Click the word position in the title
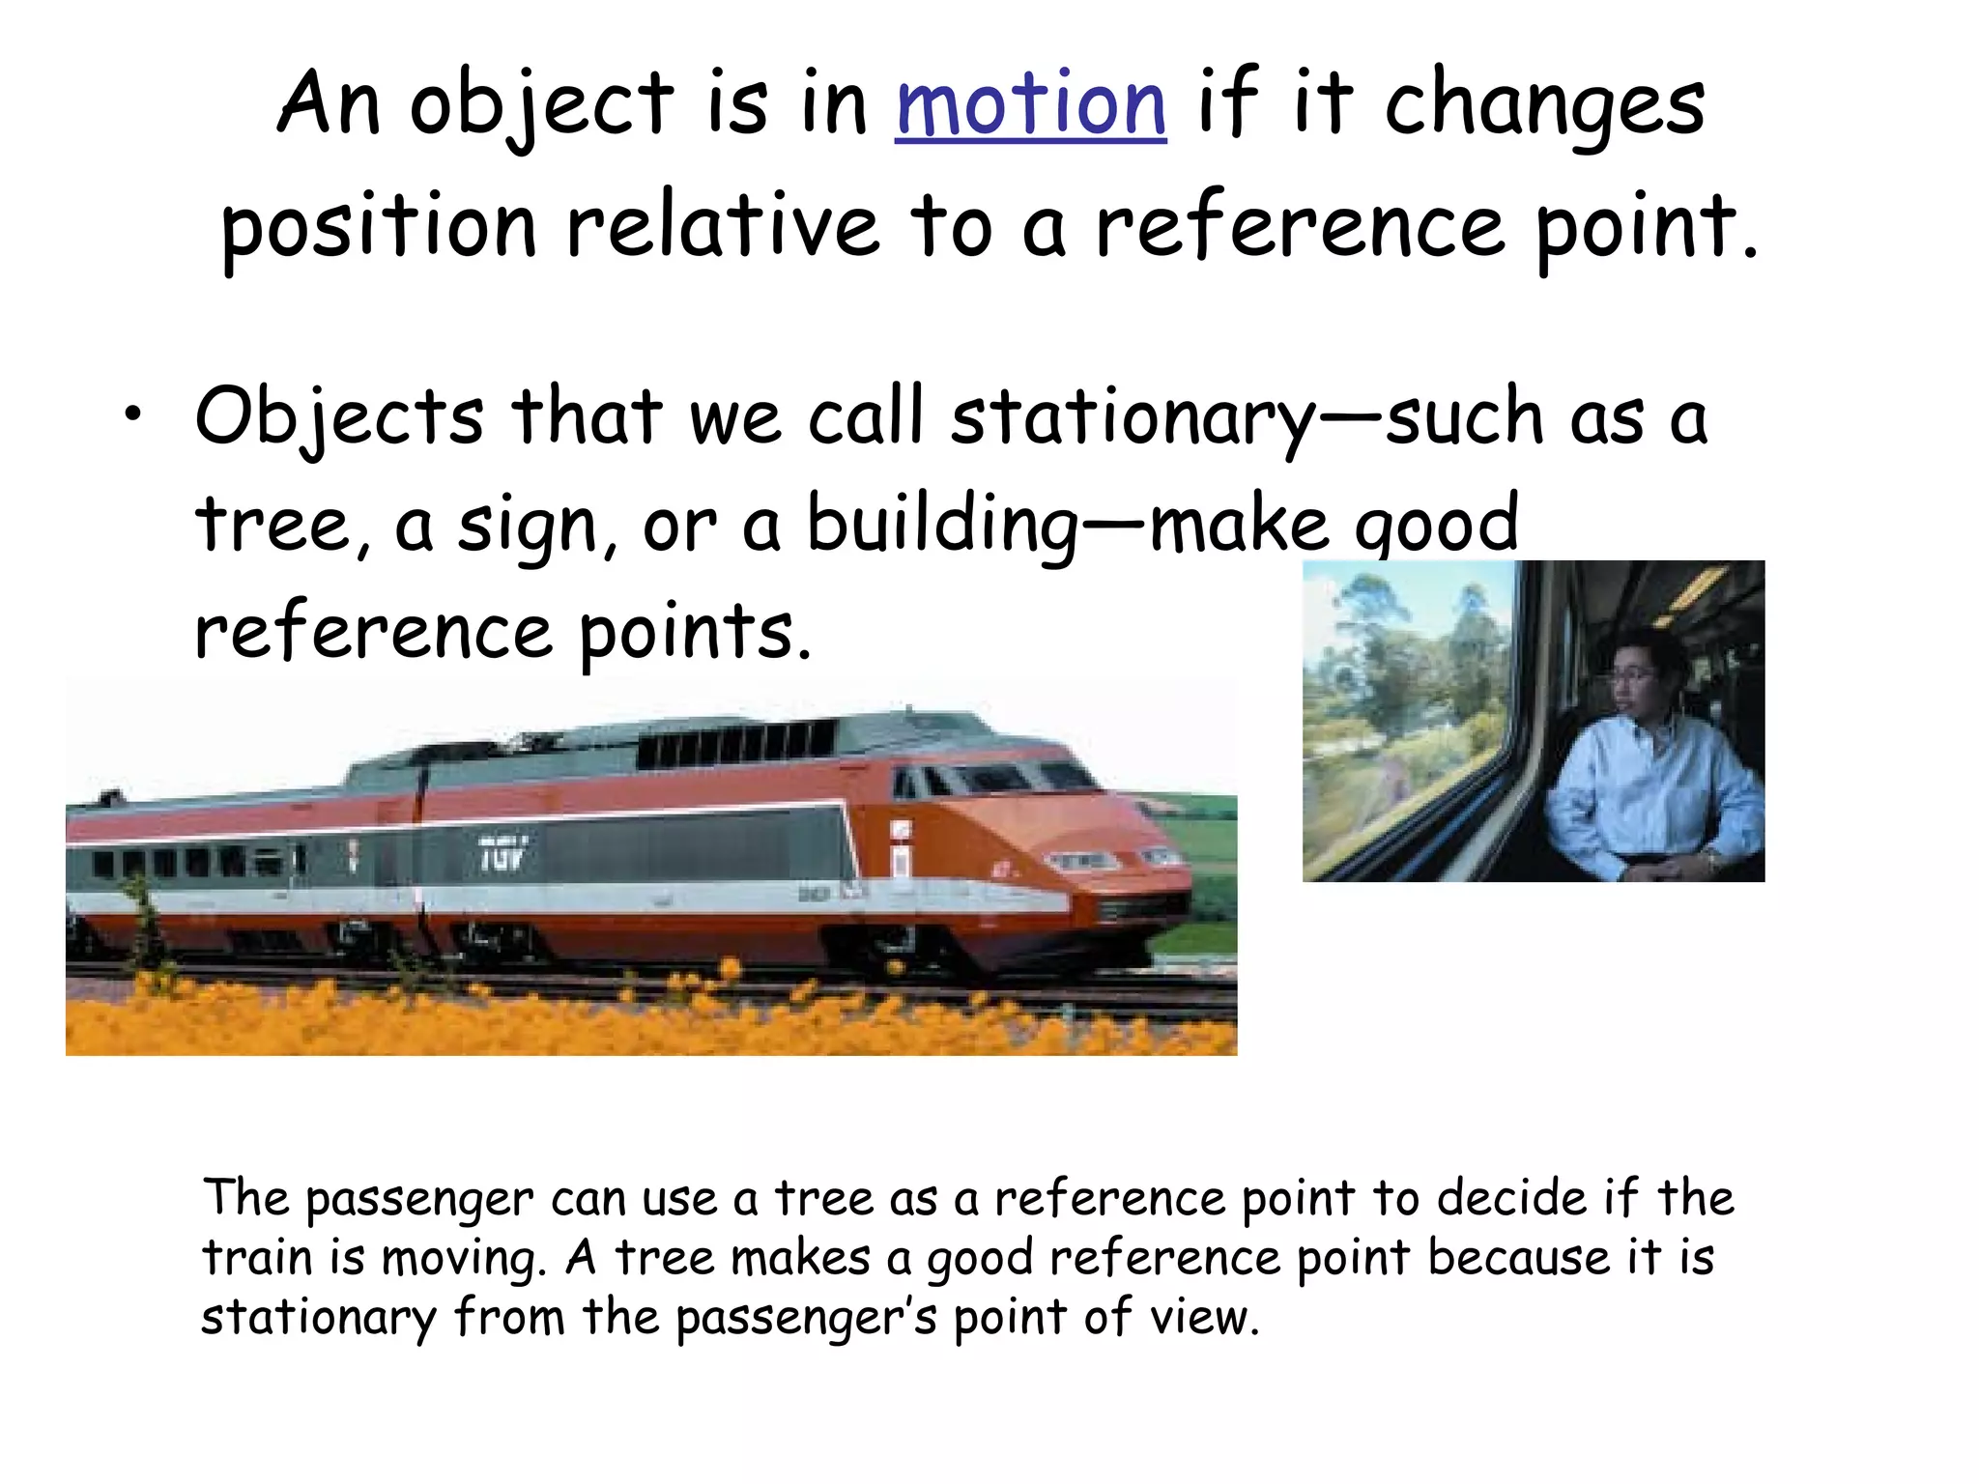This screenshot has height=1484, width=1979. pos(378,228)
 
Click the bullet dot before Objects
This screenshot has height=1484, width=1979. pos(132,415)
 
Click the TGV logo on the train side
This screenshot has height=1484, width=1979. pos(503,855)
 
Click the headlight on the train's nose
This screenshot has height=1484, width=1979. pos(1082,860)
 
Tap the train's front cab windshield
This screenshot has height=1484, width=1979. pos(995,778)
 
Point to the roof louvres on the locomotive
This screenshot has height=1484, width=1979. pos(734,744)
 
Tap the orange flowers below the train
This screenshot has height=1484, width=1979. pos(580,1014)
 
